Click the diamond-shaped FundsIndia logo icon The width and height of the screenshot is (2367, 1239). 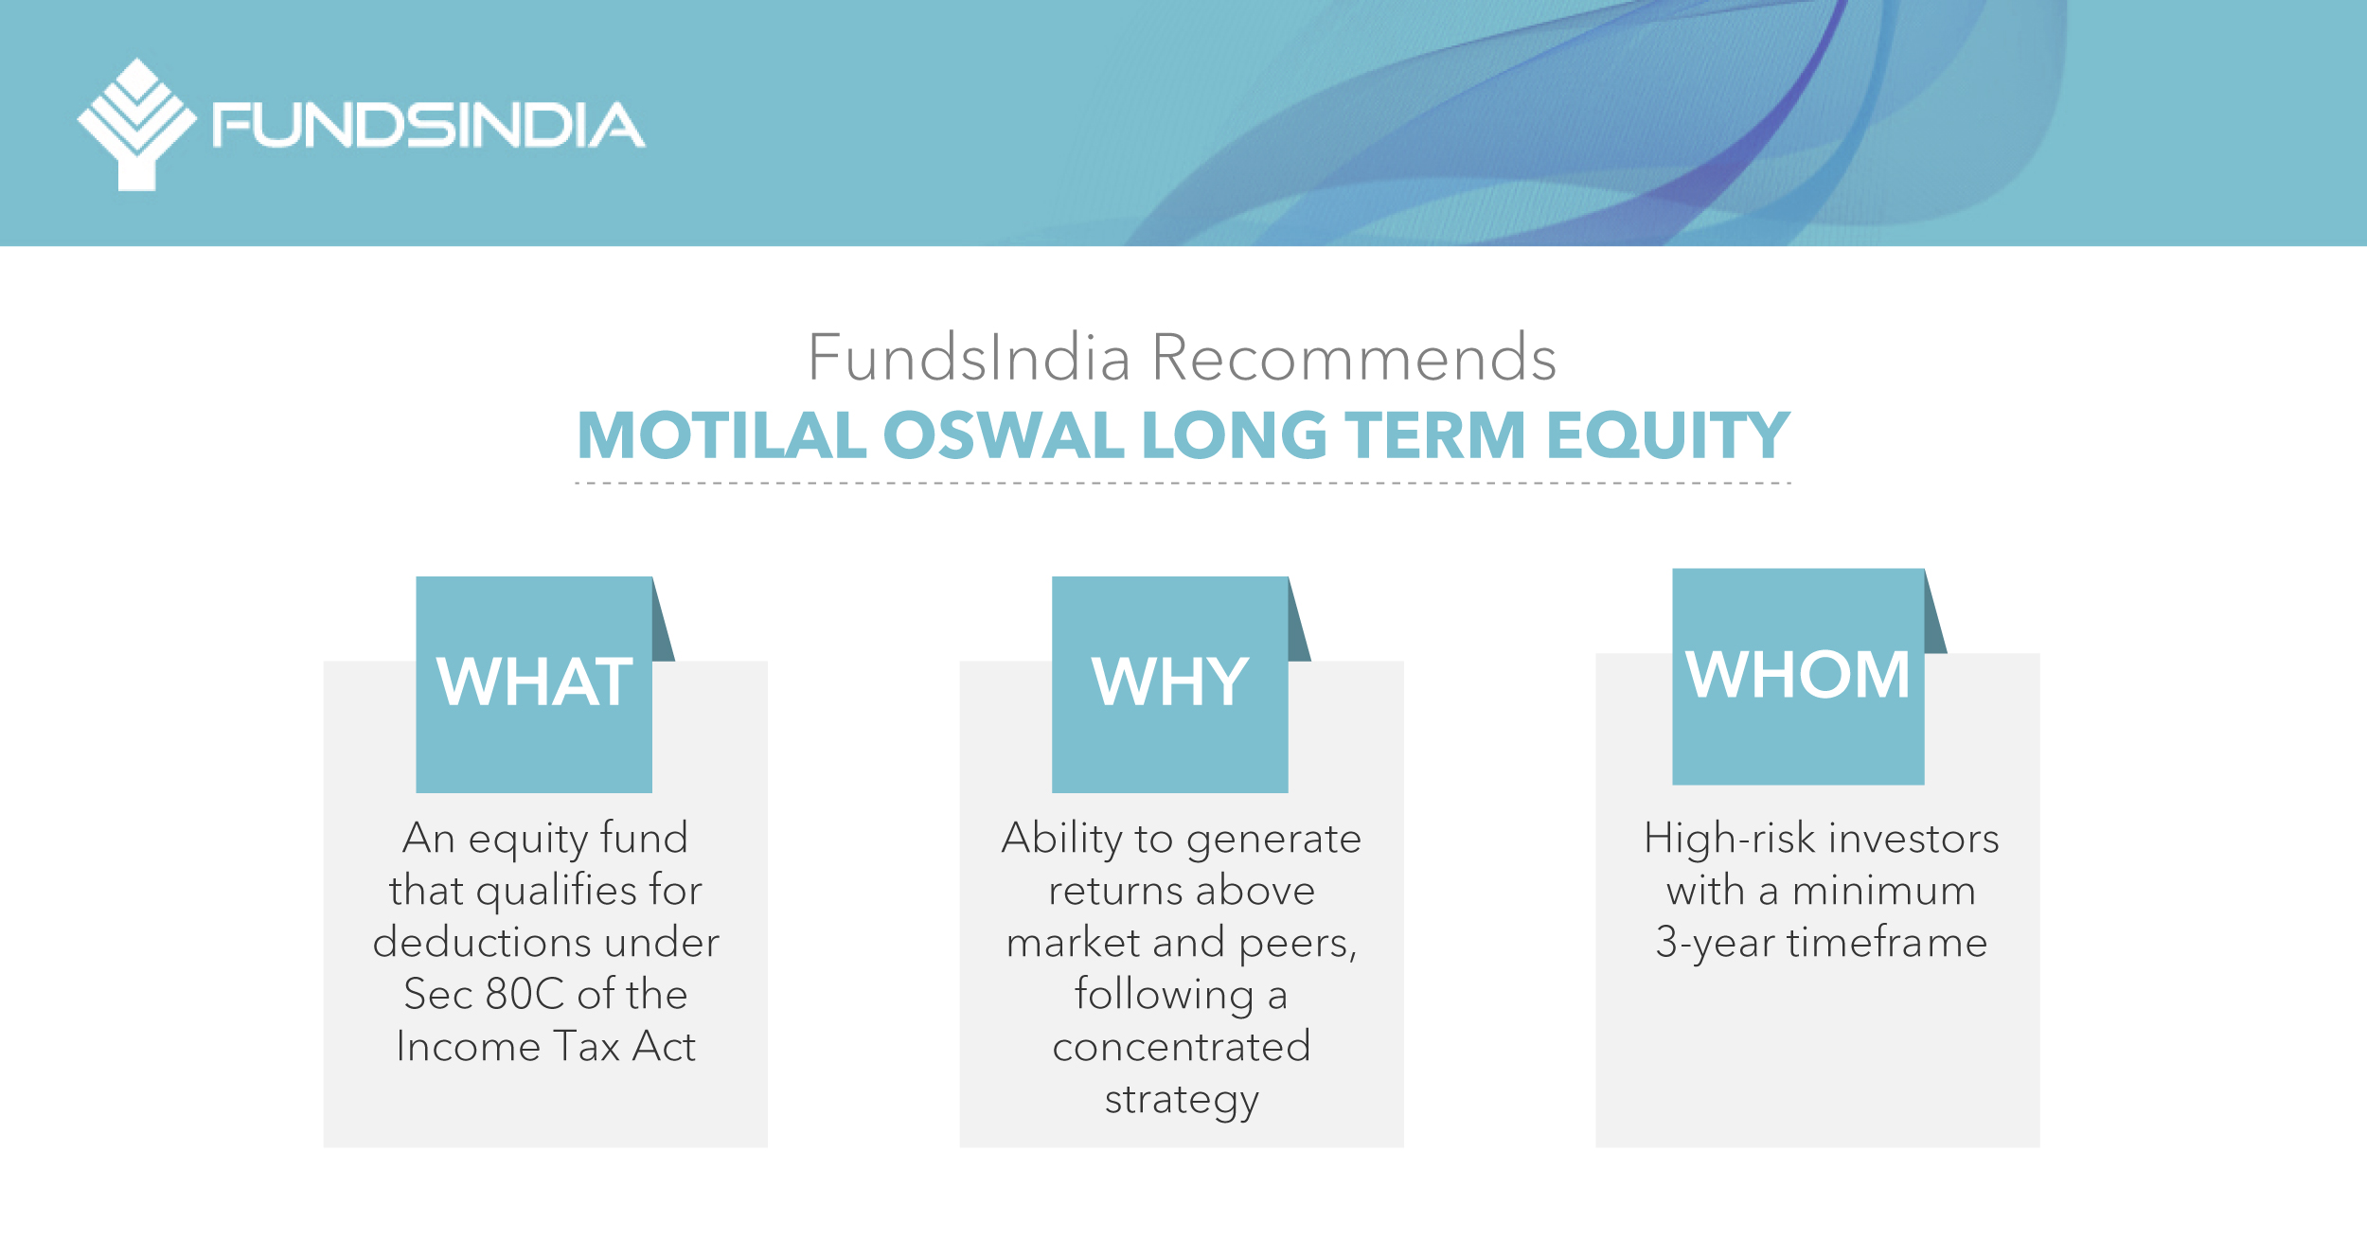[x=137, y=124]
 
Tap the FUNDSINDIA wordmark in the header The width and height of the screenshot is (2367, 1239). [x=429, y=125]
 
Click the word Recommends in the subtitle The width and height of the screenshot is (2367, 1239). [x=1354, y=358]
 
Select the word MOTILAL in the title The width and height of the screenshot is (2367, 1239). [x=722, y=435]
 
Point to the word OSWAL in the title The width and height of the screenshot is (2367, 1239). [x=1004, y=435]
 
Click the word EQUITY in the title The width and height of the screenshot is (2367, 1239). [x=1668, y=435]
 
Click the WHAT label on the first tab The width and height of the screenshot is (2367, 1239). [x=535, y=681]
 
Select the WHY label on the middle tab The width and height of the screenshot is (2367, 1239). [x=1170, y=681]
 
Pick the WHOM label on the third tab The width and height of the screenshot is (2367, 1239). [x=1798, y=674]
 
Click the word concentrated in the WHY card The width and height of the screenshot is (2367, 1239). [x=1182, y=1047]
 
